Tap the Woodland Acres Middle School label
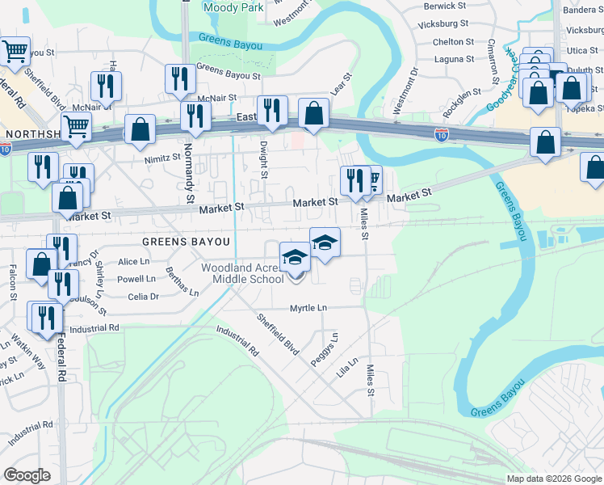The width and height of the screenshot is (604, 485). [x=241, y=273]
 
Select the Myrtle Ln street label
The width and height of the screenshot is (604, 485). [x=308, y=308]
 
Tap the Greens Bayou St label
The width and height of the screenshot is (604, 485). [x=229, y=72]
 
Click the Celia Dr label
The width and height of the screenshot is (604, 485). [x=143, y=297]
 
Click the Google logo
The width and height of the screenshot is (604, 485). [x=27, y=475]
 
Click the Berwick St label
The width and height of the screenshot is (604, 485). [x=446, y=6]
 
